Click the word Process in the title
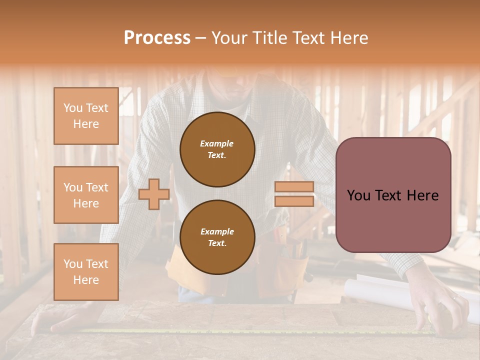tap(157, 38)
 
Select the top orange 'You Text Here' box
tap(86, 116)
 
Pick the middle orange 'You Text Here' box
tap(86, 195)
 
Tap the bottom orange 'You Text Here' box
tap(86, 271)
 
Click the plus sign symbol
tap(153, 194)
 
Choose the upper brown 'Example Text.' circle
tap(217, 149)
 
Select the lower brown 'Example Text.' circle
tap(217, 237)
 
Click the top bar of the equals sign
tap(294, 186)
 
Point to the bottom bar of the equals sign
tap(294, 201)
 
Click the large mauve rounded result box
tap(393, 195)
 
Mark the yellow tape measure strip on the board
tap(250, 331)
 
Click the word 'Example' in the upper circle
tap(216, 143)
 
